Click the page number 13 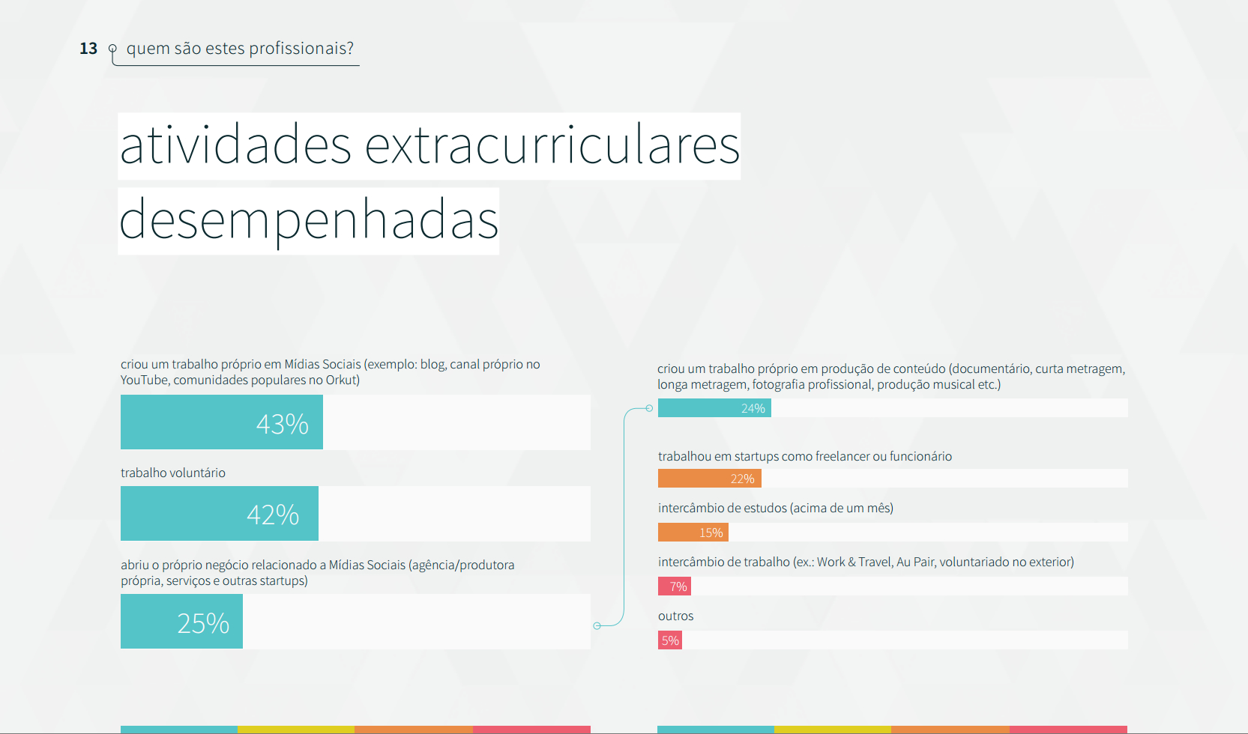point(88,49)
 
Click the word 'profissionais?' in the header point(301,49)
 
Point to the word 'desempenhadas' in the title point(309,220)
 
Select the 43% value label point(282,424)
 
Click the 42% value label point(272,515)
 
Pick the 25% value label point(203,623)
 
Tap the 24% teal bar point(714,407)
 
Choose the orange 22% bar point(709,479)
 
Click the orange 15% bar point(693,532)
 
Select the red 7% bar point(674,586)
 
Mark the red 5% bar point(669,640)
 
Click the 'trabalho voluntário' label point(173,473)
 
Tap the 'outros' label point(676,616)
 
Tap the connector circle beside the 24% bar point(649,408)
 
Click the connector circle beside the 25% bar point(597,626)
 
